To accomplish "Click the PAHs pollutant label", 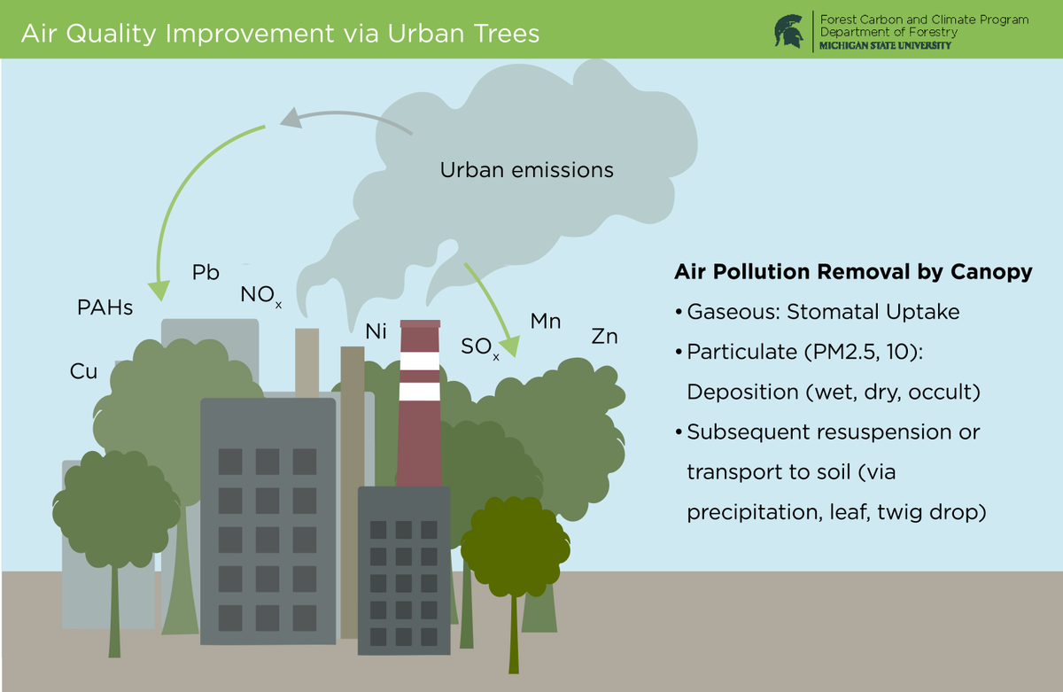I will pyautogui.click(x=105, y=308).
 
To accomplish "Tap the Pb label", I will pyautogui.click(x=206, y=273).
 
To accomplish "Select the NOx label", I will pyautogui.click(x=260, y=296).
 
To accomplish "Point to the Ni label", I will pyautogui.click(x=376, y=332).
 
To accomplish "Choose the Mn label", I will pyautogui.click(x=546, y=322).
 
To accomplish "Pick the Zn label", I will pyautogui.click(x=604, y=338).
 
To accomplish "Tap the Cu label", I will pyautogui.click(x=83, y=372).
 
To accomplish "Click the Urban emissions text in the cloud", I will pyautogui.click(x=526, y=170).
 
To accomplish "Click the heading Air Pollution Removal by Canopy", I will pyautogui.click(x=853, y=272).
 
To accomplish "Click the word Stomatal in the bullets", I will pyautogui.click(x=838, y=313).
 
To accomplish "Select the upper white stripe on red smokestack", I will pyautogui.click(x=419, y=361).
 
